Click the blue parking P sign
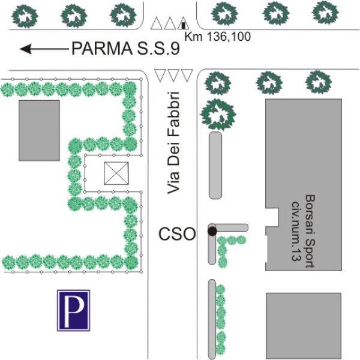(x=73, y=310)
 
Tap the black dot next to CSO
(x=212, y=231)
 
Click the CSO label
(x=177, y=234)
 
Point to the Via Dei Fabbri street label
(x=173, y=143)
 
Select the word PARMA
(x=102, y=49)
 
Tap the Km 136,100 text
(x=217, y=37)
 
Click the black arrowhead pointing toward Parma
(x=25, y=49)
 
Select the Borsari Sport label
(x=310, y=232)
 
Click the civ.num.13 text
(x=296, y=232)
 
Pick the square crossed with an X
(x=116, y=173)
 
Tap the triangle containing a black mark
(x=183, y=23)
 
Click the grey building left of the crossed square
(x=39, y=130)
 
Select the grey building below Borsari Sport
(x=304, y=326)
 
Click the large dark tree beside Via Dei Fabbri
(x=218, y=115)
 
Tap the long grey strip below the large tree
(x=215, y=166)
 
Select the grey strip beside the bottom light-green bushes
(x=212, y=319)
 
